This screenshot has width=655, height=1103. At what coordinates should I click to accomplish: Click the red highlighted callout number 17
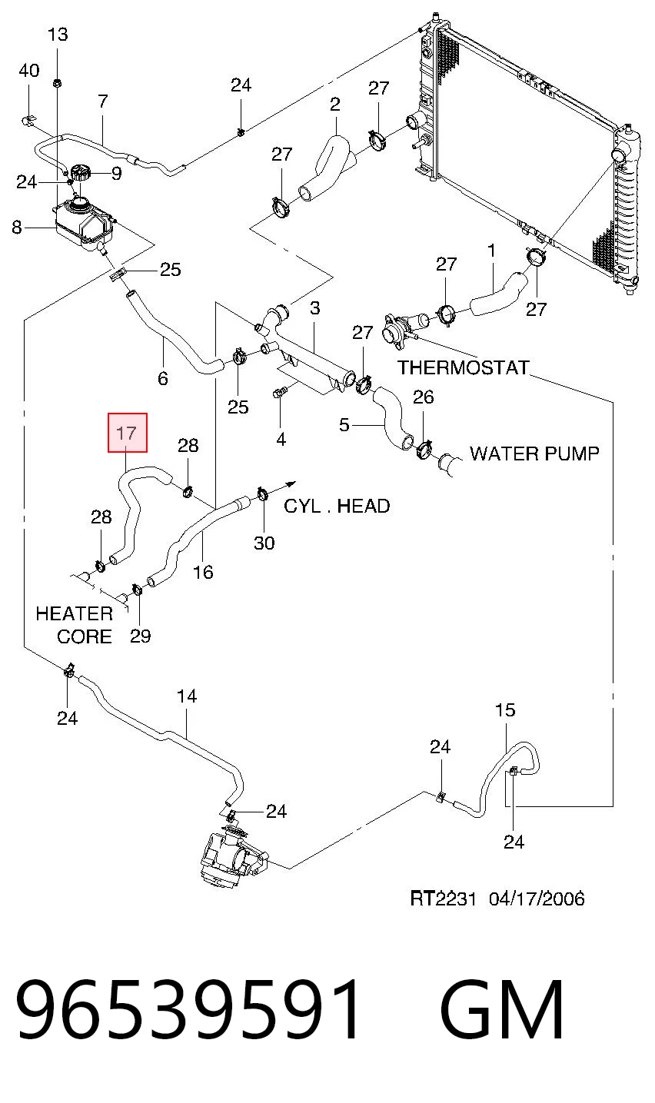[128, 433]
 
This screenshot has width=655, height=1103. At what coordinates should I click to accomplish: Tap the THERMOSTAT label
[464, 367]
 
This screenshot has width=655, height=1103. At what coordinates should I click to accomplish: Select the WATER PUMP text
[534, 453]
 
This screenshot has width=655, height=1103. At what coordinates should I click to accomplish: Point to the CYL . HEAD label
[337, 506]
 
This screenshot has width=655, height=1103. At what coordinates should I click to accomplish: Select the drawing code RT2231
[443, 899]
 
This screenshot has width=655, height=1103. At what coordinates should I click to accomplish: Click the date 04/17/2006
[537, 899]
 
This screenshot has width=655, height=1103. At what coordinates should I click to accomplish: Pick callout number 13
[58, 35]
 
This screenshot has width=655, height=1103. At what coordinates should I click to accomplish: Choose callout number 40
[29, 70]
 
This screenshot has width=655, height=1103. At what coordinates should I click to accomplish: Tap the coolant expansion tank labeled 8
[85, 223]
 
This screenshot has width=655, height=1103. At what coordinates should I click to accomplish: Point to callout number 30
[264, 543]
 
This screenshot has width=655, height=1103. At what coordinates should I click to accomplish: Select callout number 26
[423, 397]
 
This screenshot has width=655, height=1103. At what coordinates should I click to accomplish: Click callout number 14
[187, 696]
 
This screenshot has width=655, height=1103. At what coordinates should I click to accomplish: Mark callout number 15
[505, 709]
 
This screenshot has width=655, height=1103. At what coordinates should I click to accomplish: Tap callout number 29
[141, 636]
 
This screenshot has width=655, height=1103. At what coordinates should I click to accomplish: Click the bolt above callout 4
[280, 392]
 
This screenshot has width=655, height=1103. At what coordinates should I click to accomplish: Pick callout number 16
[203, 572]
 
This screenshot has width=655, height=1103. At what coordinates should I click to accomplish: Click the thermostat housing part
[401, 329]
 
